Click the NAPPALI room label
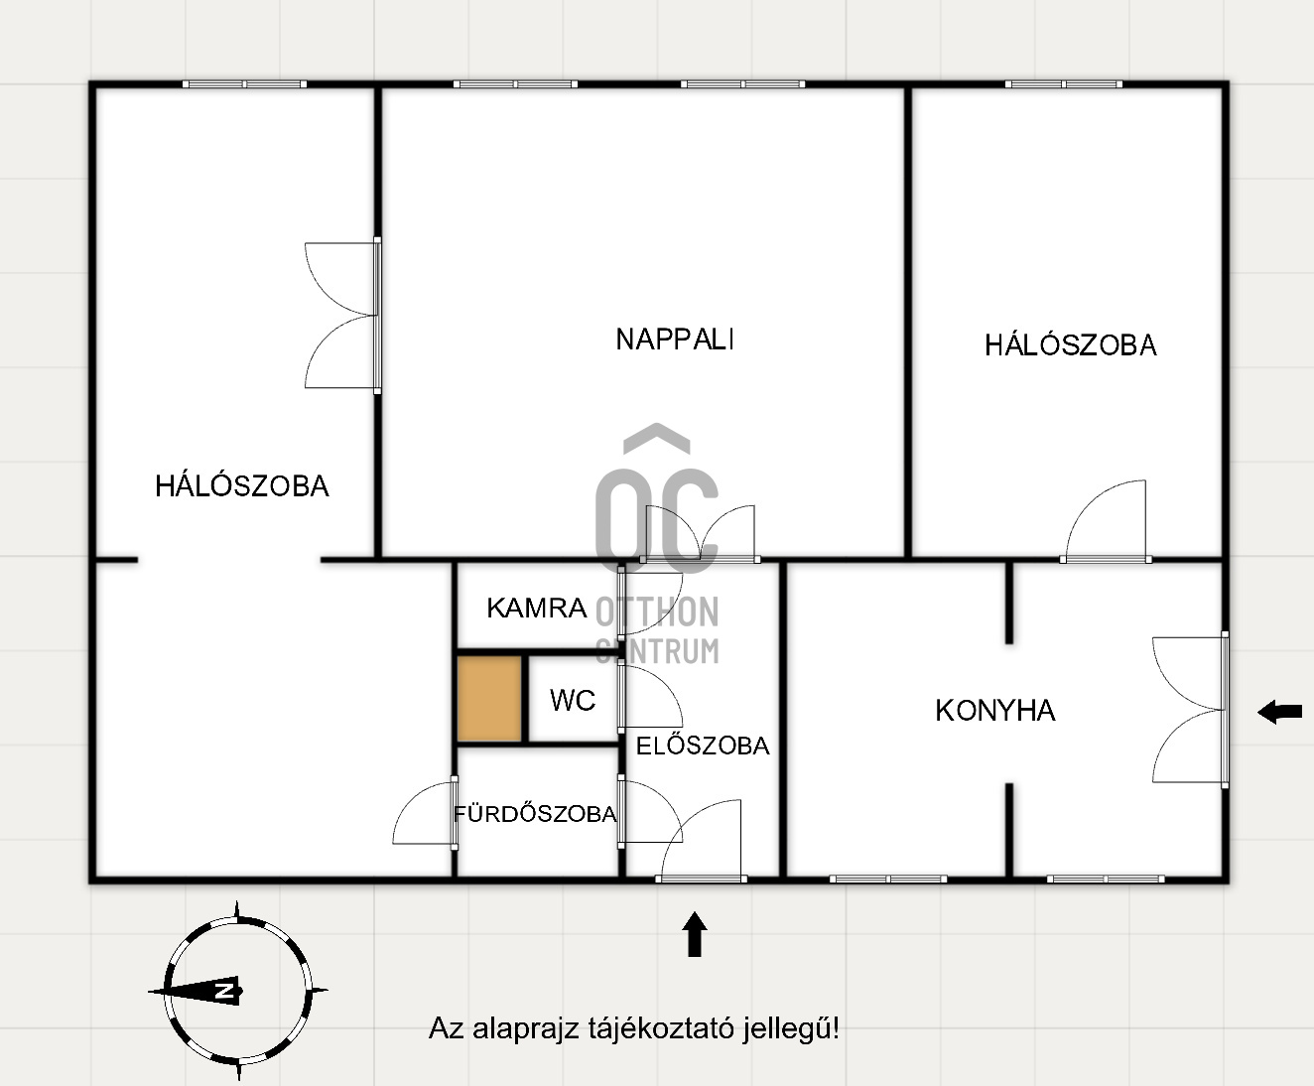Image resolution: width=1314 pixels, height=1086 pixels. [x=675, y=339]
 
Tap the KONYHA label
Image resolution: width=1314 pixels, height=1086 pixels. [x=995, y=710]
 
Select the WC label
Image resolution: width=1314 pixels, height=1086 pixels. [x=572, y=700]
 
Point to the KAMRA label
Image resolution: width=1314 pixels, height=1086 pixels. [x=537, y=609]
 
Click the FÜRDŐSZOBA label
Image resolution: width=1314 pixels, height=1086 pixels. [x=535, y=813]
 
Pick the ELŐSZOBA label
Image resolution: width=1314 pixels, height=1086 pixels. [x=703, y=746]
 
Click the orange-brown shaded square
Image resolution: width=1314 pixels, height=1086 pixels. [x=489, y=699]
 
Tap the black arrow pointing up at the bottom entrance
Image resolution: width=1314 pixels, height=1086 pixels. [x=694, y=934]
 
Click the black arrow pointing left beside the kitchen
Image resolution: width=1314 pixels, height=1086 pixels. [x=1279, y=712]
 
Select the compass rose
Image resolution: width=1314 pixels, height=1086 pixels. [x=238, y=991]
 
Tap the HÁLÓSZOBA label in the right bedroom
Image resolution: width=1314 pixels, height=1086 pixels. [x=1071, y=345]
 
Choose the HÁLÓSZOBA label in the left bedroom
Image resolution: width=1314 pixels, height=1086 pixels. [x=241, y=486]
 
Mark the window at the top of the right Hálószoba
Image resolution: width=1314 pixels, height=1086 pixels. [x=1064, y=83]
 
